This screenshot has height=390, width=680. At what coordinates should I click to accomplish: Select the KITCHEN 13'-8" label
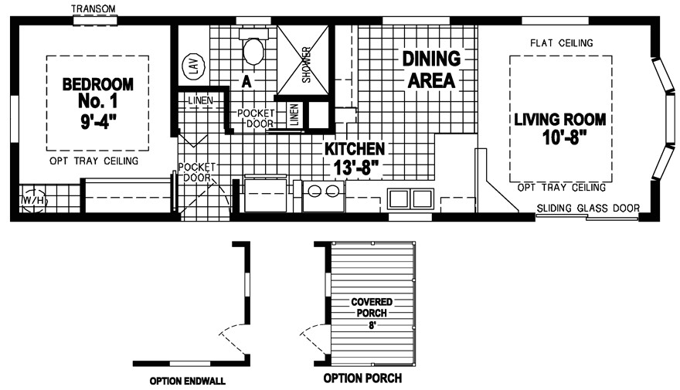pyautogui.click(x=355, y=157)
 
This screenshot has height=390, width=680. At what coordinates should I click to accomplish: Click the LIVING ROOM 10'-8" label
pyautogui.click(x=560, y=130)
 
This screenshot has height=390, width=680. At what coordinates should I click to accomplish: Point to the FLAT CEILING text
pyautogui.click(x=561, y=43)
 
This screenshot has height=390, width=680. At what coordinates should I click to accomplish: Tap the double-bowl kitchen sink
pyautogui.click(x=410, y=198)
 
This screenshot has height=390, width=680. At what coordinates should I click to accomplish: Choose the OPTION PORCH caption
pyautogui.click(x=362, y=379)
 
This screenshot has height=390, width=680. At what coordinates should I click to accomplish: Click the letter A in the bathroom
pyautogui.click(x=245, y=80)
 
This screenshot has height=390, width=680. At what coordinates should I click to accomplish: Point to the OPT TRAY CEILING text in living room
pyautogui.click(x=561, y=188)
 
